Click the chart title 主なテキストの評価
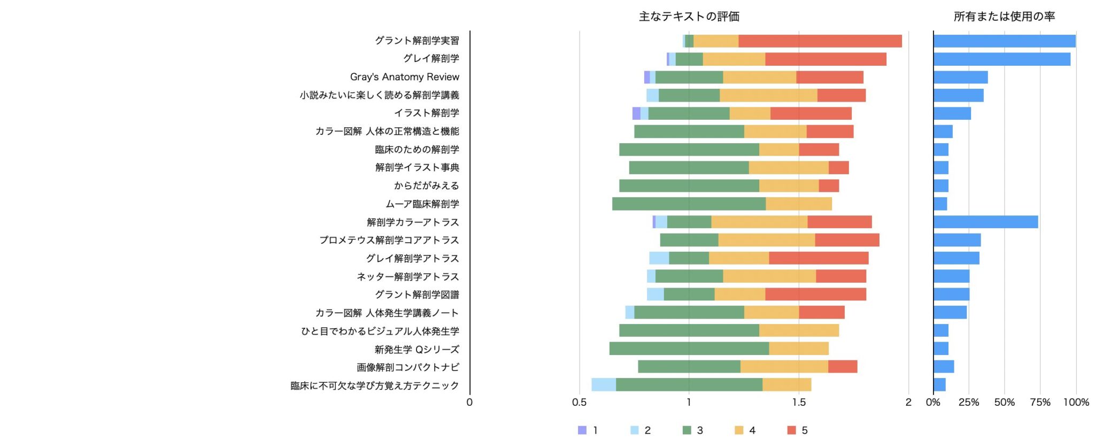click(689, 17)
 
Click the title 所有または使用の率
click(1004, 17)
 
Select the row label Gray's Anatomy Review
click(404, 77)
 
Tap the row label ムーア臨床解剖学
click(422, 204)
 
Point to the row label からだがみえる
click(427, 186)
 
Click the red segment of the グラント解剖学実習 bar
click(820, 41)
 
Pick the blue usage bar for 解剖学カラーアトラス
click(985, 222)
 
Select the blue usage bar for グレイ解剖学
click(1001, 59)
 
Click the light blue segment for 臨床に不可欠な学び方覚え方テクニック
click(604, 385)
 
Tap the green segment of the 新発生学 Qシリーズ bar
click(689, 349)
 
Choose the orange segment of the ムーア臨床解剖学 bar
click(799, 204)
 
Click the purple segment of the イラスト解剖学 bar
click(636, 113)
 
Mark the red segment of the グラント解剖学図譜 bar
click(815, 294)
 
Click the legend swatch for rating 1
click(582, 430)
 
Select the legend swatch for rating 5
click(792, 430)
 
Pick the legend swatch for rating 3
click(687, 430)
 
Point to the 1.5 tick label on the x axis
click(799, 403)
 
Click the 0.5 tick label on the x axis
click(579, 403)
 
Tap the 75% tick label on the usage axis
click(1040, 403)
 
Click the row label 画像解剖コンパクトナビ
click(408, 367)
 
